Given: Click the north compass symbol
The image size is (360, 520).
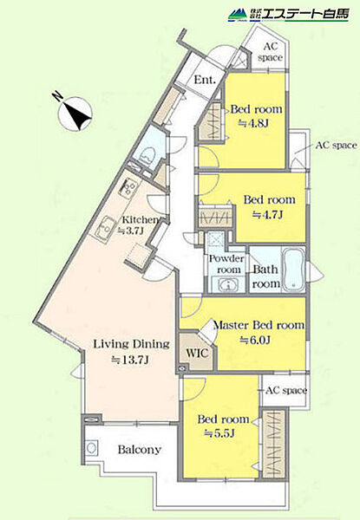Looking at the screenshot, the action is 75,113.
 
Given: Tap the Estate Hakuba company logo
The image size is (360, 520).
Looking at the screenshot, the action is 289,15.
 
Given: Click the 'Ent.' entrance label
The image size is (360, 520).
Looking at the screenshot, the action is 205,80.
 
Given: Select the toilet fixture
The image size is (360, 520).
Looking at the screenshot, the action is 147,155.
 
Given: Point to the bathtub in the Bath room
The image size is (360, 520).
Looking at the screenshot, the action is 293,270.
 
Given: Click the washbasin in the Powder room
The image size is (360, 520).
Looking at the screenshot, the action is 228,285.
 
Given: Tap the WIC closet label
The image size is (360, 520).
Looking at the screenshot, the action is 197,353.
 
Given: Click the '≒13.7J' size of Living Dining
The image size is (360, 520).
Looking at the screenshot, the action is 129,361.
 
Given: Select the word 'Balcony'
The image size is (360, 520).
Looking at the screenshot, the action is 140,450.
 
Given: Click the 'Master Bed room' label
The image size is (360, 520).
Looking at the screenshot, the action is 259,325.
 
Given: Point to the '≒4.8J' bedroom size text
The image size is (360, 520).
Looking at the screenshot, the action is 252,123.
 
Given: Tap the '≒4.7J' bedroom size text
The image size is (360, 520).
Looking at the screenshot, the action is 267,215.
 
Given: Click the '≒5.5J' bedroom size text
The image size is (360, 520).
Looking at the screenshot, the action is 219,433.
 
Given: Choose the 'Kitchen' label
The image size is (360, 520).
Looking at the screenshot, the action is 140,219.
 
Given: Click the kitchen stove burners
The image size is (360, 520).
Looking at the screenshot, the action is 128,187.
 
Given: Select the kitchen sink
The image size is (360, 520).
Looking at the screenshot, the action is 104,227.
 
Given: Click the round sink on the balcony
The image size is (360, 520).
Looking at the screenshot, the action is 92,448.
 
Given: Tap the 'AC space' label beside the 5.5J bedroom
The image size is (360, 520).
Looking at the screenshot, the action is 286,390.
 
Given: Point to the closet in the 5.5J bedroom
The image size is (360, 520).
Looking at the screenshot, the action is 274,444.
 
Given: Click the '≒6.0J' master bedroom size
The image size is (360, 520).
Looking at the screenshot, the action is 255,340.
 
